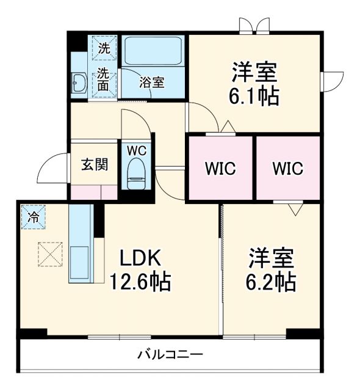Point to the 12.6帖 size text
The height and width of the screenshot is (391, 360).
coord(140,282)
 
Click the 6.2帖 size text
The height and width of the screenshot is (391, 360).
coord(272,282)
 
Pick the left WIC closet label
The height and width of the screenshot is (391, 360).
coord(220,169)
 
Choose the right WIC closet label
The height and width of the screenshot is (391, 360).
coord(287,169)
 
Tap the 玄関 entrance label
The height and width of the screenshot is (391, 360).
coord(95,164)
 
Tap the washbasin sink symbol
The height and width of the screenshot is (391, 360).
coord(79,82)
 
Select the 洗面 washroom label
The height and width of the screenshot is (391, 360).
coord(104,79)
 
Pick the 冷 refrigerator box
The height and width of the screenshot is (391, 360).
coord(34,217)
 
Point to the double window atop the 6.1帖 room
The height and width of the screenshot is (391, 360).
coord(254,26)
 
